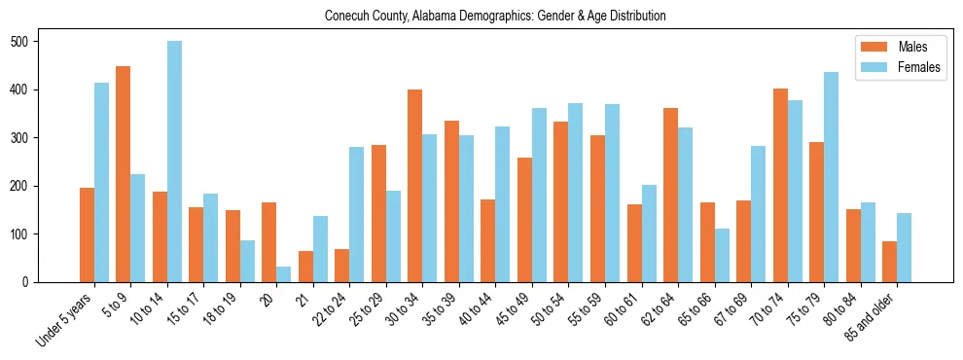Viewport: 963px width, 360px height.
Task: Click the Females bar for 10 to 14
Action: [174, 162]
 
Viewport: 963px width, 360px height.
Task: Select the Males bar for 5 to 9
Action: [124, 174]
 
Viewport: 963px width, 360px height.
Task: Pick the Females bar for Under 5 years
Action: [101, 183]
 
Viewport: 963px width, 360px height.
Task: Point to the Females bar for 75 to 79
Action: [831, 177]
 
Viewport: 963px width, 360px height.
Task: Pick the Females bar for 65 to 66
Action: [722, 256]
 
